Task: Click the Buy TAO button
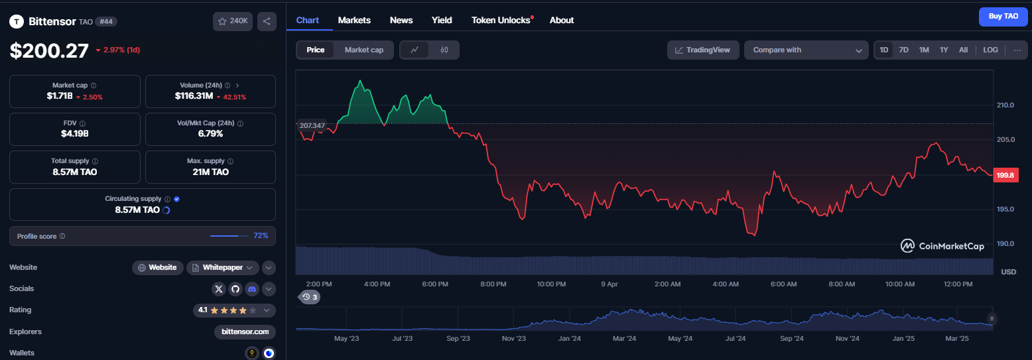coord(1003,17)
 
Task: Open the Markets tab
coord(354,21)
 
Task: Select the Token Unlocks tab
coord(501,21)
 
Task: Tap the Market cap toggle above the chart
coord(364,50)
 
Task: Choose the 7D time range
coord(903,50)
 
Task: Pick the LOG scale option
coord(990,50)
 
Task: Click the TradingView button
coord(703,50)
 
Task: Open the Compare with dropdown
coord(806,50)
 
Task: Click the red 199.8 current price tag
coord(1005,175)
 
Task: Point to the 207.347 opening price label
coord(312,125)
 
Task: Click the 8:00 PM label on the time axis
coord(493,284)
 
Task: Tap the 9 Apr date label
coord(609,284)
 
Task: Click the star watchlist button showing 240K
coord(233,21)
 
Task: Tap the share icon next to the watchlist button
coord(267,21)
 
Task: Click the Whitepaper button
coord(223,267)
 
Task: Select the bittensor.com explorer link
coord(245,331)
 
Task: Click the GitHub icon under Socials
coord(235,289)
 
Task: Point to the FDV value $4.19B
coord(75,134)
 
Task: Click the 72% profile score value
coord(261,236)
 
